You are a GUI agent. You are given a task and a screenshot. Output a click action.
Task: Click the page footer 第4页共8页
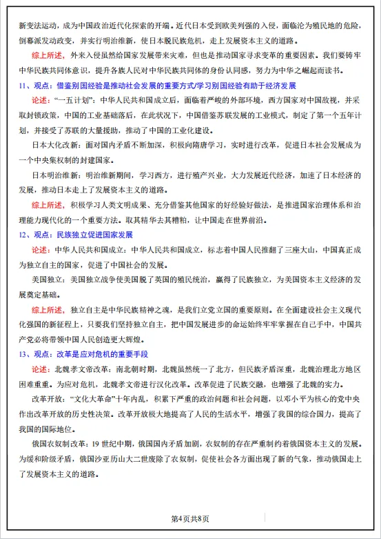(190, 519)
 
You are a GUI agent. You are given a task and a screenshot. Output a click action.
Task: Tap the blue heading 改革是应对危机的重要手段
(104, 354)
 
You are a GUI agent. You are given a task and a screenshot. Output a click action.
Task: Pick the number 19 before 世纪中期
(97, 444)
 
